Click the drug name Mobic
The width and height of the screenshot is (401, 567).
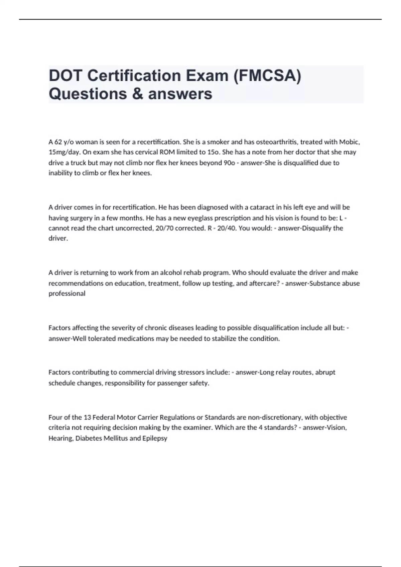[349, 142]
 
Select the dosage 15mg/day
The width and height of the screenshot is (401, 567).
[64, 152]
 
